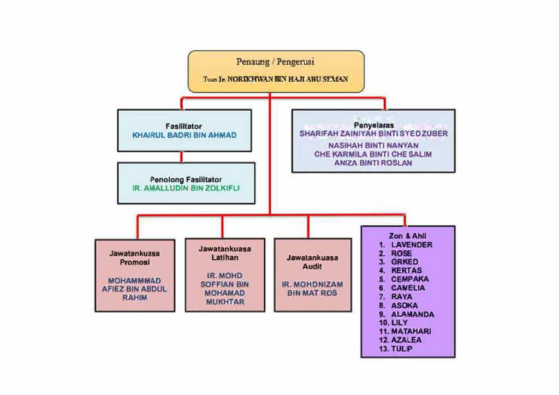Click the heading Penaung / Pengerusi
[275, 62]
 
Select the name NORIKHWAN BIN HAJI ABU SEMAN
[288, 79]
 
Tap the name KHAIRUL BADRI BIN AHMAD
[185, 135]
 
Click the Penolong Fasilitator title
[186, 179]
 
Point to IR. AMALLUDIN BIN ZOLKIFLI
[186, 188]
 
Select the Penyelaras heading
[373, 125]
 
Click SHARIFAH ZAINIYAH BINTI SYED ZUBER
[373, 134]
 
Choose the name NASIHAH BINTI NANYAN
[373, 146]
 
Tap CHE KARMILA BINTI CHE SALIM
[373, 154]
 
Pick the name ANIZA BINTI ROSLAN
[373, 163]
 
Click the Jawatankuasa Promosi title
[134, 258]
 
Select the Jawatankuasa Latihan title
[225, 253]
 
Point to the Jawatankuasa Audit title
[312, 262]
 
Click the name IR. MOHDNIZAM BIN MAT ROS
[312, 289]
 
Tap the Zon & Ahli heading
[408, 236]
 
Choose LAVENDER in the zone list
[412, 245]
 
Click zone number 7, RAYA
[402, 297]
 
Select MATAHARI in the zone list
[411, 331]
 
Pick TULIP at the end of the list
[402, 349]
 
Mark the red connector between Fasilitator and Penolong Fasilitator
[182, 157]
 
